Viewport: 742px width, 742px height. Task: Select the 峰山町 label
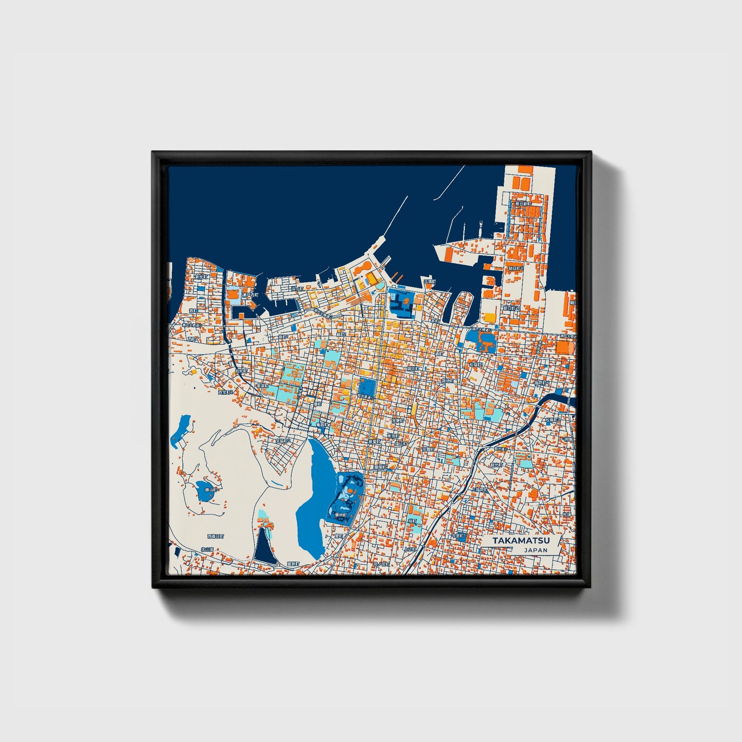211,490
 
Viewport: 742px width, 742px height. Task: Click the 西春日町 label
216,536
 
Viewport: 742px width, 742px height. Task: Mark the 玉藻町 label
429,282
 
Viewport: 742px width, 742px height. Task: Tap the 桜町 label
412,521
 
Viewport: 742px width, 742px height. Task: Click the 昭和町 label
241,370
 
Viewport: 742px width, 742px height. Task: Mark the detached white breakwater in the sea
449,182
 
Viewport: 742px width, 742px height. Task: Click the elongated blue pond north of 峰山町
180,430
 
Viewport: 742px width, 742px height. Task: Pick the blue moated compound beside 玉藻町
402,303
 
